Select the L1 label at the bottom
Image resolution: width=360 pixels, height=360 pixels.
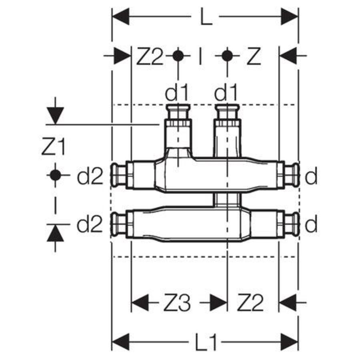click(207, 343)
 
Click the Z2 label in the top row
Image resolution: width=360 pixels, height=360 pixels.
click(150, 56)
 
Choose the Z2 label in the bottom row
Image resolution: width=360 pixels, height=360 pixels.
click(251, 303)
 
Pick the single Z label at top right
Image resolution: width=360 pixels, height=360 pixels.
click(254, 56)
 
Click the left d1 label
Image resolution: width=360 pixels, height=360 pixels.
click(177, 94)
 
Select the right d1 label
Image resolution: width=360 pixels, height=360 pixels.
click(226, 94)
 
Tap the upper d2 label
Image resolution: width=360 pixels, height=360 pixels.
click(90, 176)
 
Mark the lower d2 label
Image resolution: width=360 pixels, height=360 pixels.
click(90, 225)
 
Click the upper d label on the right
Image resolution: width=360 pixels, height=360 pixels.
click(311, 176)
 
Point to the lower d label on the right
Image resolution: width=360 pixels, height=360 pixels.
click(311, 225)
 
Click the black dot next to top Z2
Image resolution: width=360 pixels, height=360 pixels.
click(178, 56)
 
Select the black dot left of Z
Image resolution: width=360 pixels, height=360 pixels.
click(227, 56)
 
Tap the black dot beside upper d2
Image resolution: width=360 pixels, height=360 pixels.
click(55, 175)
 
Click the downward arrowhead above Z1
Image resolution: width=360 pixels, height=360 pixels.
click(55, 116)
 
